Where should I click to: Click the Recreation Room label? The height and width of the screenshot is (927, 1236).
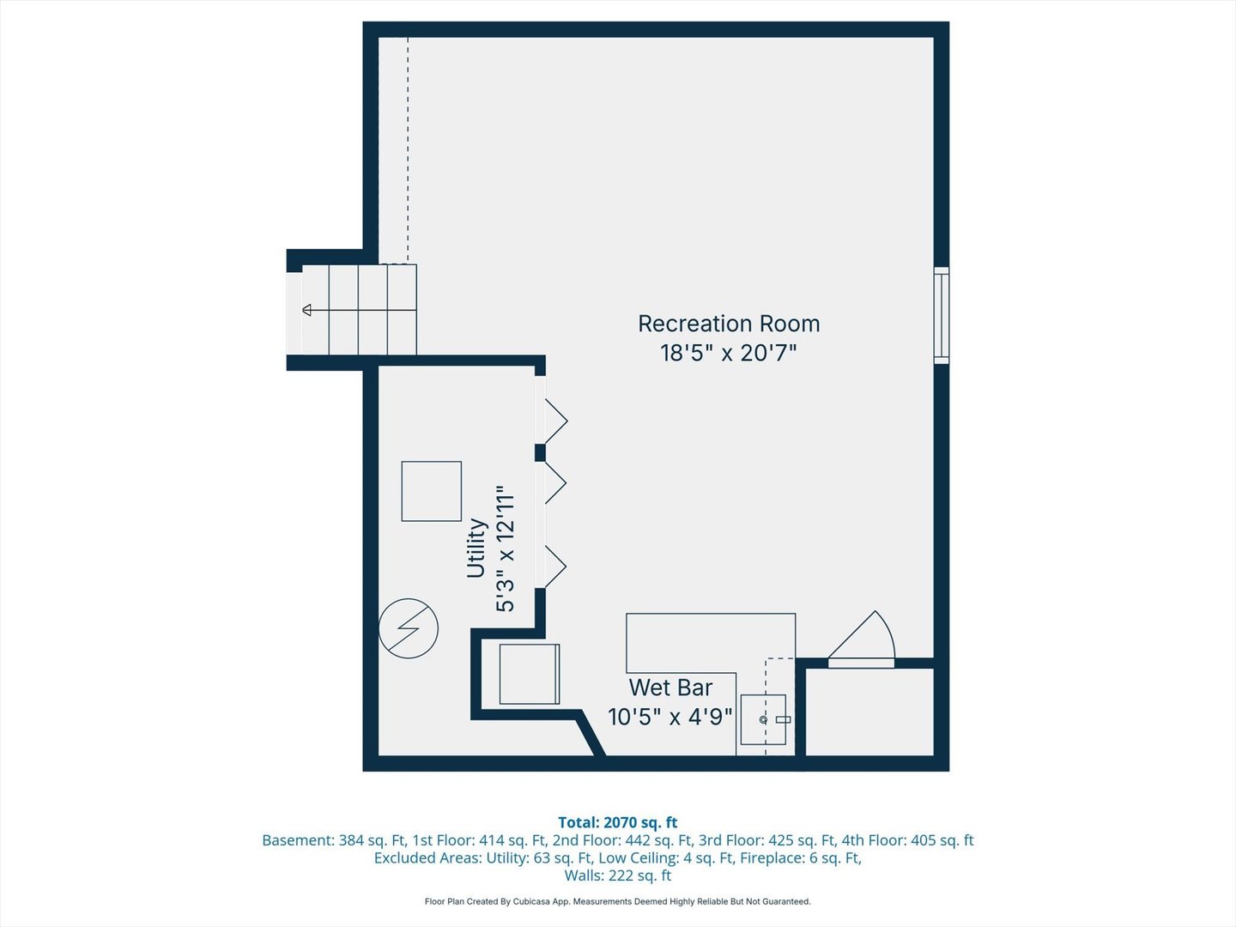pos(729,324)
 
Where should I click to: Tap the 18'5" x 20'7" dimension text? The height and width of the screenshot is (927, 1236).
pos(728,353)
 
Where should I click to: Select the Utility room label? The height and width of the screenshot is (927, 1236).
pos(476,548)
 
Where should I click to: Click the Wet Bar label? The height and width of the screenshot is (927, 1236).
pos(670,688)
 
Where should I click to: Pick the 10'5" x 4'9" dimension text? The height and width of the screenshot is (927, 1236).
pos(669,717)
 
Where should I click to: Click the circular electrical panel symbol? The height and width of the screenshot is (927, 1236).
pos(409,628)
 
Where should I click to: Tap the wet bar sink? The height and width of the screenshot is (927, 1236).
pos(763,719)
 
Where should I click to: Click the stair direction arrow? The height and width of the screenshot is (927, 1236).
pos(307,310)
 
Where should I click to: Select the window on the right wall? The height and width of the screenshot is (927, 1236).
pos(942,315)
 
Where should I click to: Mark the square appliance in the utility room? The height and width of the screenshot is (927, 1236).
pos(431,491)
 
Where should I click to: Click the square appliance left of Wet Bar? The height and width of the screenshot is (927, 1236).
pos(529,674)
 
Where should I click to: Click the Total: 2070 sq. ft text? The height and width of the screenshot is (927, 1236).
pos(617,822)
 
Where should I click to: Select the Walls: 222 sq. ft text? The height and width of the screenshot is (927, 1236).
pos(617,875)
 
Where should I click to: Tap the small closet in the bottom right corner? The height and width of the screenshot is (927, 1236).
pos(869,712)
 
